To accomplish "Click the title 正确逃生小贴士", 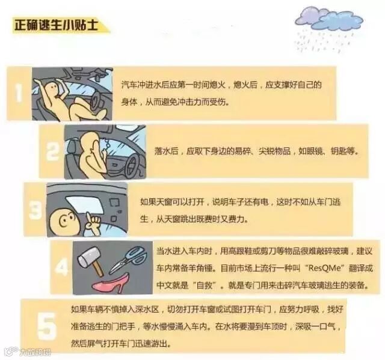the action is click(x=56, y=25).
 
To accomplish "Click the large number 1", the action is click(x=19, y=93).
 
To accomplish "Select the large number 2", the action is click(x=52, y=151).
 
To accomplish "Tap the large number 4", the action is click(x=61, y=267).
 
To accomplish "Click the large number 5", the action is click(x=46, y=326).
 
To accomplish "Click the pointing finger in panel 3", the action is click(x=91, y=222).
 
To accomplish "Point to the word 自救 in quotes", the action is click(x=204, y=285).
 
